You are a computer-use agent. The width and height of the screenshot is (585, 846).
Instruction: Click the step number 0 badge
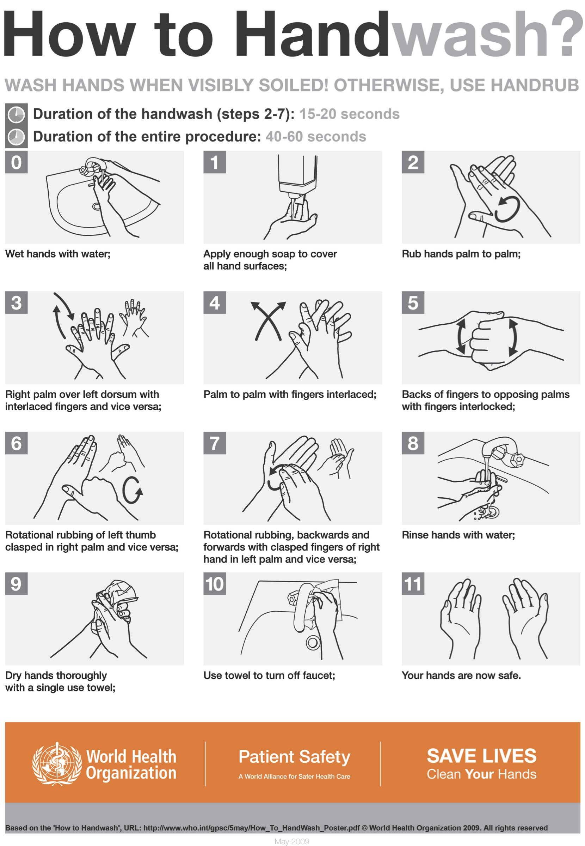(x=16, y=162)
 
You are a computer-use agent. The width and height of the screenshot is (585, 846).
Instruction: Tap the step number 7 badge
(x=214, y=443)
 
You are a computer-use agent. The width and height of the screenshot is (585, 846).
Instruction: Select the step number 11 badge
(x=413, y=583)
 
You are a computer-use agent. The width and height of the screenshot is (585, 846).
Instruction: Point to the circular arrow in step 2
(x=507, y=210)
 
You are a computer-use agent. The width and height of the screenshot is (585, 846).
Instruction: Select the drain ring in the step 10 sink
(x=313, y=642)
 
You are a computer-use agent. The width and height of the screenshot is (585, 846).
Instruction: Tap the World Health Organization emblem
(x=57, y=764)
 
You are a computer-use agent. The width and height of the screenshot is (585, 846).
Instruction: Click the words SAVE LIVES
(x=481, y=756)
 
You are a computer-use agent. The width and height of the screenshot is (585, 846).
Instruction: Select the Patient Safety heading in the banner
(x=294, y=757)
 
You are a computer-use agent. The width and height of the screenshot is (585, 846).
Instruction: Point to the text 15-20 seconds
(x=349, y=114)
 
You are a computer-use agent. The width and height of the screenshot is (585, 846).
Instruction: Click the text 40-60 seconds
(x=316, y=137)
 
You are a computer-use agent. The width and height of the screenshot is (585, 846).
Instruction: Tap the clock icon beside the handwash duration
(x=17, y=115)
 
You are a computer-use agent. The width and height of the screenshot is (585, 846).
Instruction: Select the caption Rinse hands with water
(x=458, y=535)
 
